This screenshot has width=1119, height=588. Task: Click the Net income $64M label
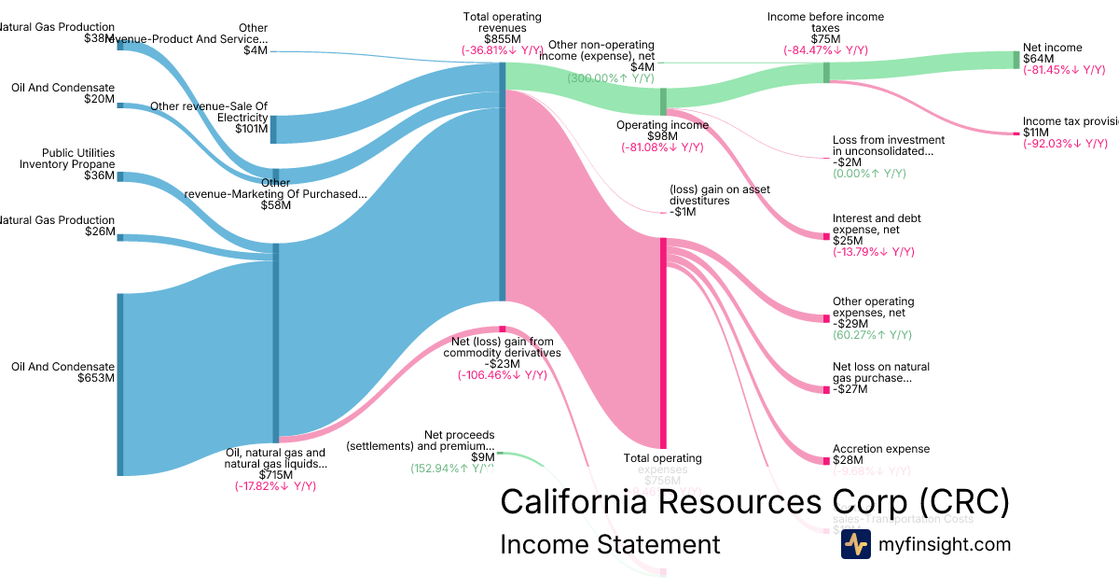[x=1052, y=53]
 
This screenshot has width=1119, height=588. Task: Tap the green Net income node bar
[x=1016, y=60]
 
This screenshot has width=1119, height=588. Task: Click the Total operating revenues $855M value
[x=502, y=39]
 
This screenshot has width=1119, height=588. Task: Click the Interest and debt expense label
[x=877, y=224]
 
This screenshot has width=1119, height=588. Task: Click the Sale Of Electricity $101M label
[x=209, y=118]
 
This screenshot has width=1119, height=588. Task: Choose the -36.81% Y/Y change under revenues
[x=502, y=51]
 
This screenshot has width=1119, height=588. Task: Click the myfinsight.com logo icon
[x=855, y=545]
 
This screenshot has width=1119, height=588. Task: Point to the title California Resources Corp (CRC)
[x=754, y=502]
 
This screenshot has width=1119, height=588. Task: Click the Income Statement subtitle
[x=610, y=545]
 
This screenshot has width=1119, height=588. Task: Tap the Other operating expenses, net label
[x=873, y=307]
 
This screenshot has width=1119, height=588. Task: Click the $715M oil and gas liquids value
[x=276, y=474]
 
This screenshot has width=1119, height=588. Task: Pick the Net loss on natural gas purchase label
[x=880, y=372]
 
